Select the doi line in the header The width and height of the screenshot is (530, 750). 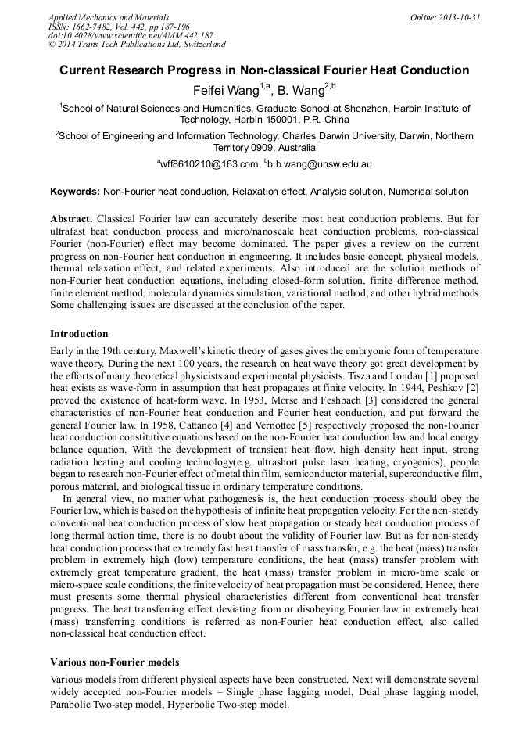point(131,36)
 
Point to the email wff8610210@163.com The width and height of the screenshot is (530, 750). point(210,164)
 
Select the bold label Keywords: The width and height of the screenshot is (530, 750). point(75,192)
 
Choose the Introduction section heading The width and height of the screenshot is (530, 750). point(79,334)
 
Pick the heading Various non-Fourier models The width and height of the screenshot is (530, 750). point(114,662)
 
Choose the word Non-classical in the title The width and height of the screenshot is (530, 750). point(306,70)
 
